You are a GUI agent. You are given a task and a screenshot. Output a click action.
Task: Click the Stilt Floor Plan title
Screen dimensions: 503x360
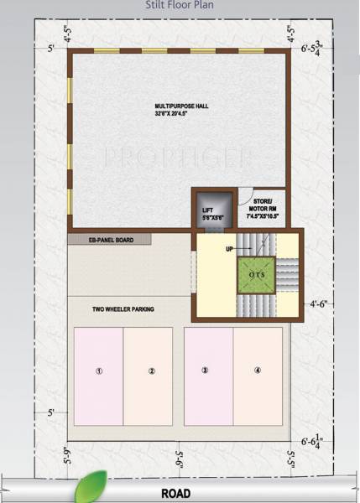point(180,5)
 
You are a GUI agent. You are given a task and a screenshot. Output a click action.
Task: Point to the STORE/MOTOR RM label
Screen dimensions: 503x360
point(262,210)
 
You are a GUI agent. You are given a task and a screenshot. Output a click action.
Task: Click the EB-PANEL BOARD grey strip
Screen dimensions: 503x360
point(109,240)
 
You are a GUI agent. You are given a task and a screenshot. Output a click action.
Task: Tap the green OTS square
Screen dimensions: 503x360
point(256,273)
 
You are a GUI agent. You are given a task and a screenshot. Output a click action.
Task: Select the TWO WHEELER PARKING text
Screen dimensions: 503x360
point(123,309)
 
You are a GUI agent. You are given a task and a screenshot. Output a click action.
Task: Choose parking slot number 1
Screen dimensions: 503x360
point(99,371)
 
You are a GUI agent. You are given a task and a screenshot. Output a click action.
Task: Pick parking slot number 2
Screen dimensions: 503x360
point(151,371)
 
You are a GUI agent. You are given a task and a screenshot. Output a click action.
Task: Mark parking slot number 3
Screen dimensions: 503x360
point(206,370)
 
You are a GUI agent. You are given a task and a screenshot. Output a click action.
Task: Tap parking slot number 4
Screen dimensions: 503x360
point(258,370)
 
